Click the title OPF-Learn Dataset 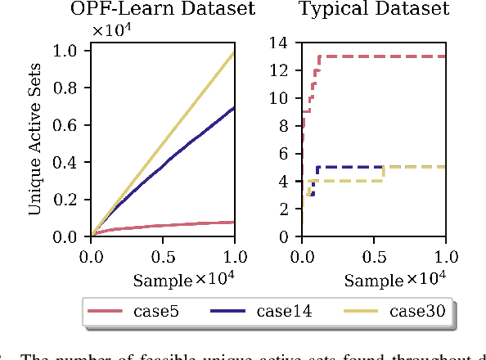[162, 10]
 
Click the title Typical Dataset [373, 10]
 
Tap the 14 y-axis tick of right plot [285, 43]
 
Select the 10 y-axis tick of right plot [285, 98]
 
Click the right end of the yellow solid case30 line [235, 52]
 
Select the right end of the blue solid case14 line [235, 107]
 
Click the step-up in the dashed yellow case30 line [384, 173]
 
